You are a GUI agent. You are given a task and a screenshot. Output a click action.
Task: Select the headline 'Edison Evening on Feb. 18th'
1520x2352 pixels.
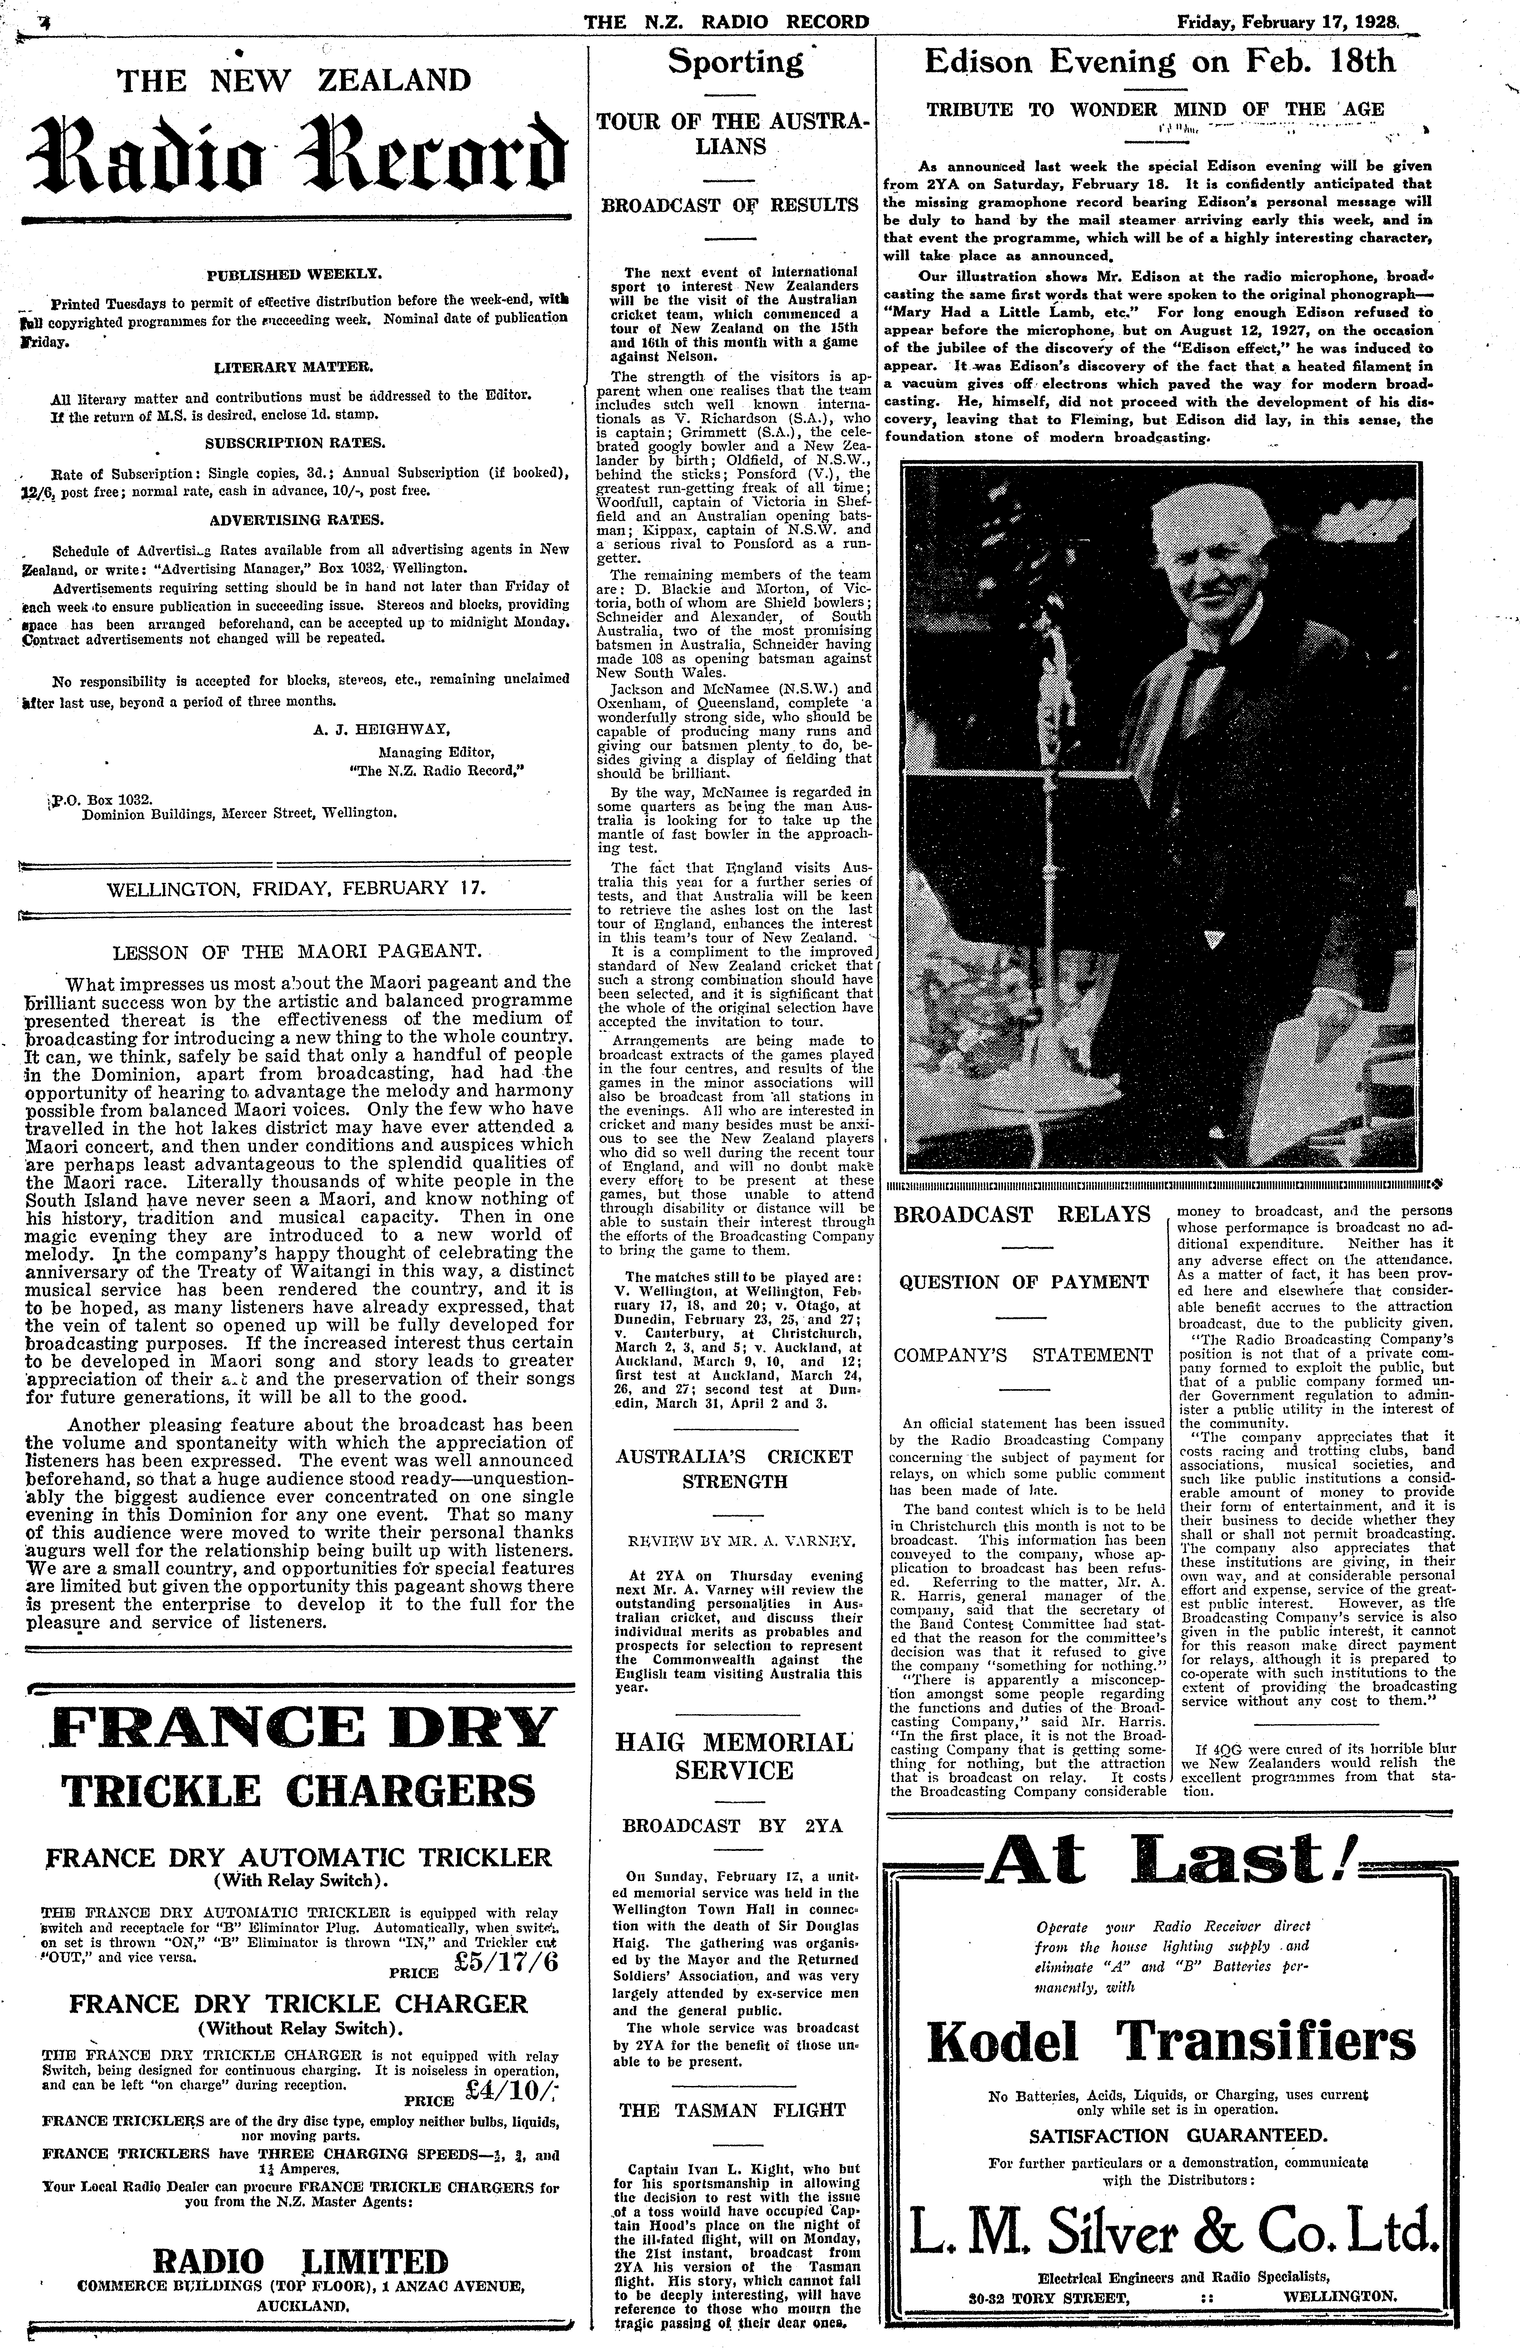(1160, 62)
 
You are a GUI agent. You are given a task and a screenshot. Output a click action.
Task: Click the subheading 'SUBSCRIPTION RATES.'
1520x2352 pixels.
(296, 443)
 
